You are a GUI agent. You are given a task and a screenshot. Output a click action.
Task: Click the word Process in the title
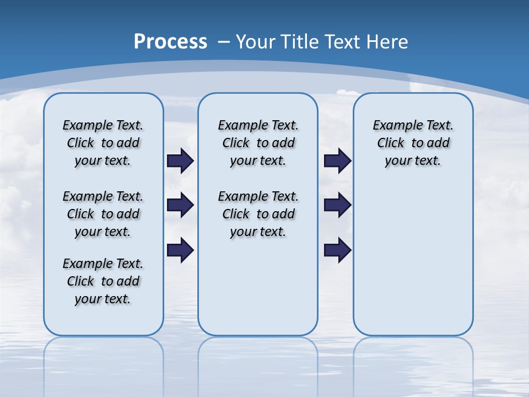tap(170, 42)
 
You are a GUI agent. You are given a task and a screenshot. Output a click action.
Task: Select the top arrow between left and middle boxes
tap(180, 161)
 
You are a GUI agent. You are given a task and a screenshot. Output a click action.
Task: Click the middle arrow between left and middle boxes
tap(180, 205)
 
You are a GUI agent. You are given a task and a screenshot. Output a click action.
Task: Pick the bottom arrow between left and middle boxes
tap(180, 250)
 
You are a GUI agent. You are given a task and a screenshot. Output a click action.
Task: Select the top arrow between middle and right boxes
tap(337, 161)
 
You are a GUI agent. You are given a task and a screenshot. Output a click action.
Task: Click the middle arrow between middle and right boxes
tap(337, 205)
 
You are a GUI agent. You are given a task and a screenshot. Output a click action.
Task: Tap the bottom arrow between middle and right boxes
tap(337, 250)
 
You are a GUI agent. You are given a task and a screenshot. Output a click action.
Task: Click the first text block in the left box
tap(103, 143)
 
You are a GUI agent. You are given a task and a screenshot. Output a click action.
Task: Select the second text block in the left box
tap(103, 214)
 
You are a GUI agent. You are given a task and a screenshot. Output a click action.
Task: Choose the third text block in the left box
tap(103, 281)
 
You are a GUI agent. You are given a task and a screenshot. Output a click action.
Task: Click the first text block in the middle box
tap(258, 143)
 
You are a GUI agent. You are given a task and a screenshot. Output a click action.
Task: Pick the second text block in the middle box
tap(258, 214)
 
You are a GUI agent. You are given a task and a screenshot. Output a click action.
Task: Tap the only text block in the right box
tap(413, 143)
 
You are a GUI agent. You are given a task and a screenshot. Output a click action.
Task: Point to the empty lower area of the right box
tap(413, 265)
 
